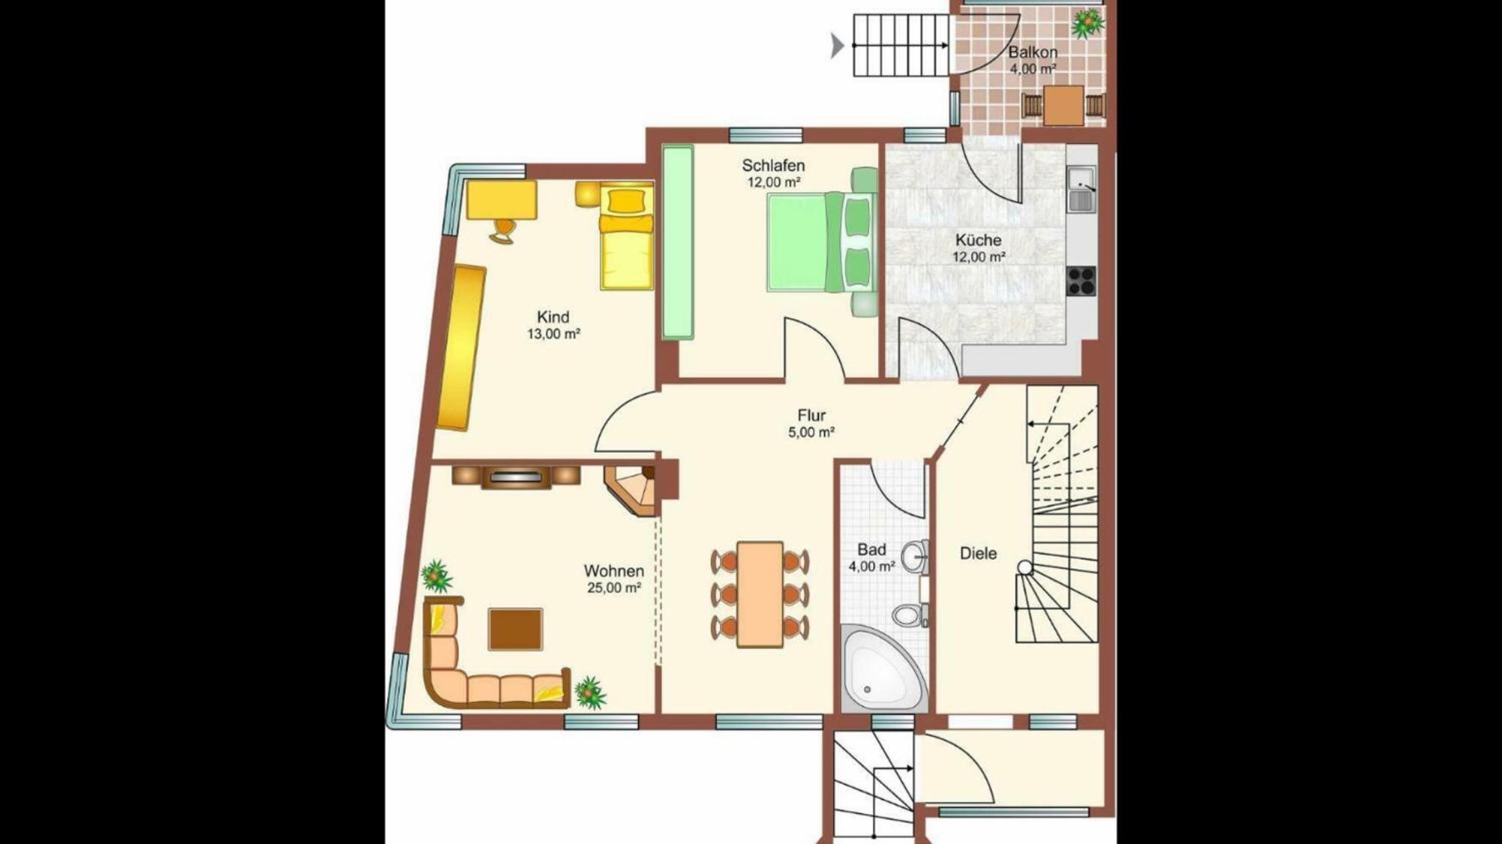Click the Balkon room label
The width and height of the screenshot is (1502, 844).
pos(1032,53)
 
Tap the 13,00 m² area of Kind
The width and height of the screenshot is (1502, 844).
pos(553,334)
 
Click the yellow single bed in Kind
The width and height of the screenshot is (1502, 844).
pos(626,239)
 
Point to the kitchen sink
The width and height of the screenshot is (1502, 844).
pos(1082,189)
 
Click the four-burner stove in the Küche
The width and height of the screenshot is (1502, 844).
pos(1082,281)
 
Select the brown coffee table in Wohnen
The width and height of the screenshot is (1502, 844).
pos(515,629)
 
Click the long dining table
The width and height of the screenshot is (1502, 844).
pos(760,593)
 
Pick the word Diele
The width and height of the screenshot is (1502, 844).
pos(978,554)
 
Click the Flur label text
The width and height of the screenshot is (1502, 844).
pos(811,415)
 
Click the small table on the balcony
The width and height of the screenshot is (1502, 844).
pos(1064,106)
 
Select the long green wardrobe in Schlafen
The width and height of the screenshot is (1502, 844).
pos(678,242)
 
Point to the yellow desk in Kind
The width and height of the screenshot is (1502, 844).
pos(501,200)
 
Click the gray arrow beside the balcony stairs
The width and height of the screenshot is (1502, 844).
pos(837,46)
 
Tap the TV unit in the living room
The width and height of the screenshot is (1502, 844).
pos(516,476)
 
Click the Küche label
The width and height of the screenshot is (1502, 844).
pos(978,240)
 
